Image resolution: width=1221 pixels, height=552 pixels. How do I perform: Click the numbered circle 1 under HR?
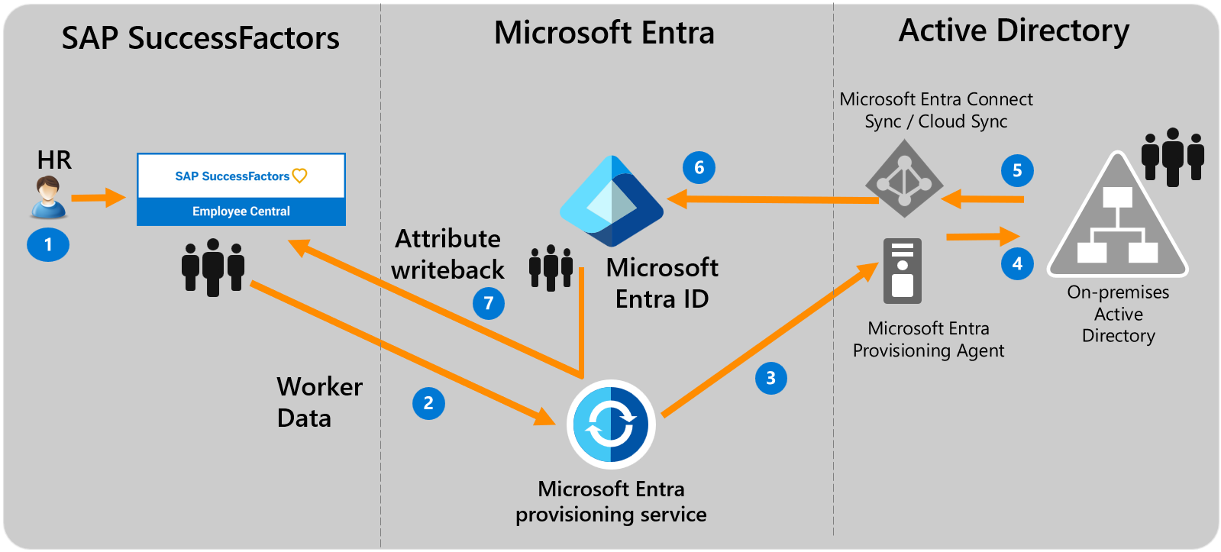coord(48,244)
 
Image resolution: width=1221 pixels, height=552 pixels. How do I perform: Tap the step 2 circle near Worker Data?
coord(428,403)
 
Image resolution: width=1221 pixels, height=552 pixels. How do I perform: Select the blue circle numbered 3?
coord(770,378)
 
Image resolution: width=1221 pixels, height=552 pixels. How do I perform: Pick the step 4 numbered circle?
coord(1017,263)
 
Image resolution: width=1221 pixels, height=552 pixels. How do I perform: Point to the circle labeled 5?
coord(1017,170)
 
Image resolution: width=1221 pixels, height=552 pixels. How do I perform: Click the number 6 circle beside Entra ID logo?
coord(699,168)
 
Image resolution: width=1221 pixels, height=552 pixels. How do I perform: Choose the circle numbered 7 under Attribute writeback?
coord(489,303)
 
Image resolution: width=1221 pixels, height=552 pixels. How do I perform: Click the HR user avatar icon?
coord(49,196)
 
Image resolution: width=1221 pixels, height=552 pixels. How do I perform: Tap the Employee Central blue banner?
coord(241,211)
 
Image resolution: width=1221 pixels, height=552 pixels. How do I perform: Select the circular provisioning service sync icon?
coord(611,424)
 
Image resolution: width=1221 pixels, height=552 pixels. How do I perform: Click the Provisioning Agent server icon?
coord(903,271)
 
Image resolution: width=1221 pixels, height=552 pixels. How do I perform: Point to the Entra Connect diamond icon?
coord(904,179)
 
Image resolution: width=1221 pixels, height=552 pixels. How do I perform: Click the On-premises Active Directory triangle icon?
coord(1118,218)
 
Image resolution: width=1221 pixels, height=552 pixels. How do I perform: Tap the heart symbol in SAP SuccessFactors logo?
coord(300,176)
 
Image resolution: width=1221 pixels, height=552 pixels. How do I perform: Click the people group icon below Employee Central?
coord(213,266)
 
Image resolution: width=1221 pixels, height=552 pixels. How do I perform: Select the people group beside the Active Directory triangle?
coord(1173,157)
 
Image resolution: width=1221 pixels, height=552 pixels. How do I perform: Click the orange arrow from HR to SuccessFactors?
coord(99,198)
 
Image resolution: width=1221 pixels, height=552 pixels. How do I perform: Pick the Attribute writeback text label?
coord(448,254)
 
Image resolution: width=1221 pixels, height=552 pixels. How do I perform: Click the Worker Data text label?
coord(318,402)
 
